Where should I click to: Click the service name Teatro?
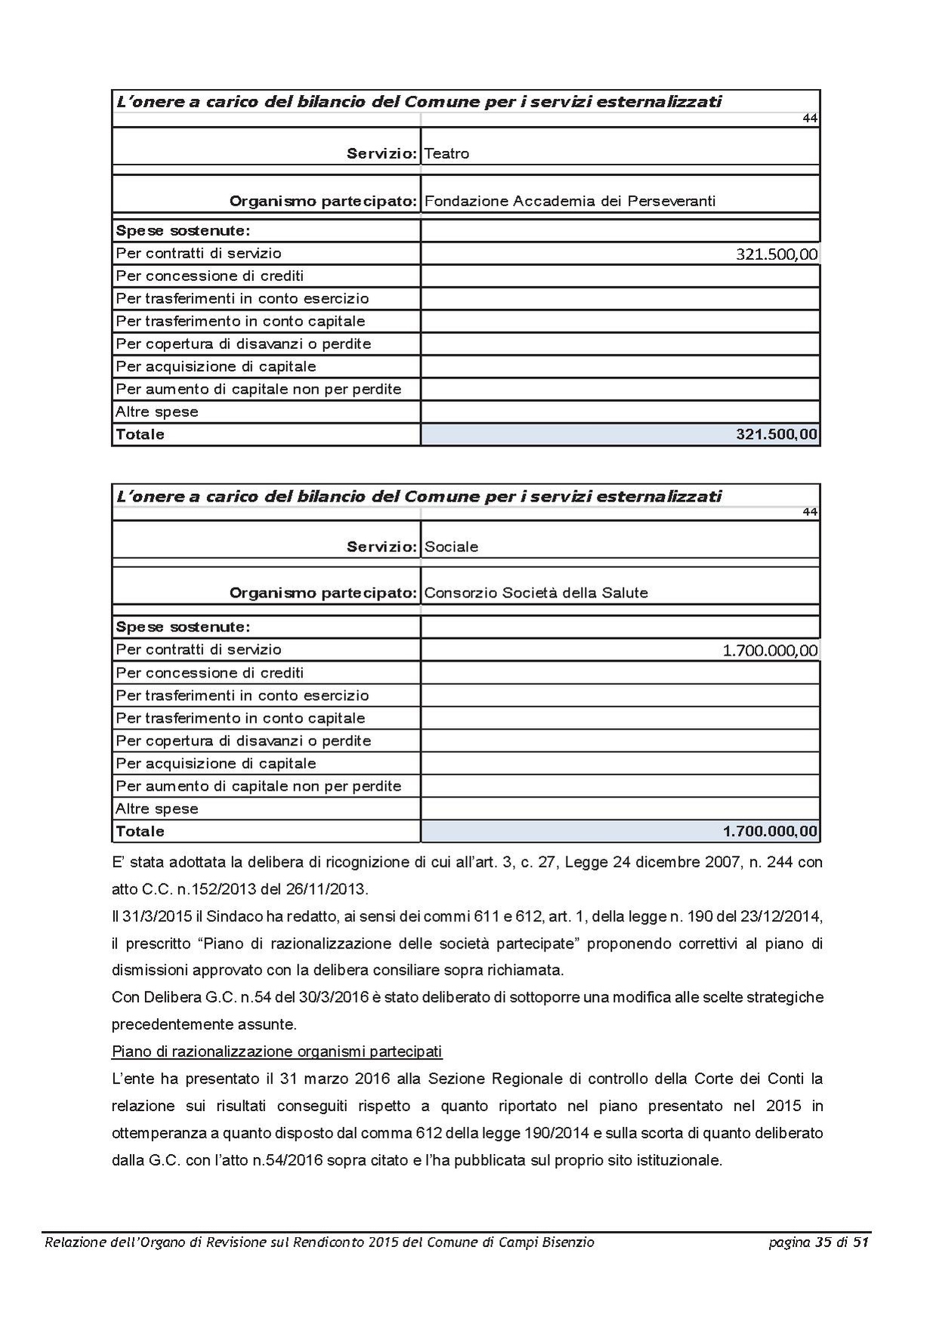pos(446,153)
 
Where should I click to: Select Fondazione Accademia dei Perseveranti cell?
pos(570,201)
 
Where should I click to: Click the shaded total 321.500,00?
pos(776,434)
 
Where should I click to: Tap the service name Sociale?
pos(451,547)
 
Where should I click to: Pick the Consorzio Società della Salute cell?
pos(536,593)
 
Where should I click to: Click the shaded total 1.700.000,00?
pos(769,832)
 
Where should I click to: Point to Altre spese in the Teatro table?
pos(157,412)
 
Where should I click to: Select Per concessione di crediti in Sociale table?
pos(210,672)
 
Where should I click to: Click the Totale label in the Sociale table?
pos(140,832)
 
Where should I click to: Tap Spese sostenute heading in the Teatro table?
pos(182,230)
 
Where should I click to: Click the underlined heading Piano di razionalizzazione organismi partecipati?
pos(276,1051)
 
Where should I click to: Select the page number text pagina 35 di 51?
pos(819,1242)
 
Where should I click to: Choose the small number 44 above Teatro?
pos(810,119)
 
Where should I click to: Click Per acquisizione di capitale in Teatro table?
pos(216,366)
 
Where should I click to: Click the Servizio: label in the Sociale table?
pos(382,547)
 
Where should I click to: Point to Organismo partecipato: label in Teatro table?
pos(323,201)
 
